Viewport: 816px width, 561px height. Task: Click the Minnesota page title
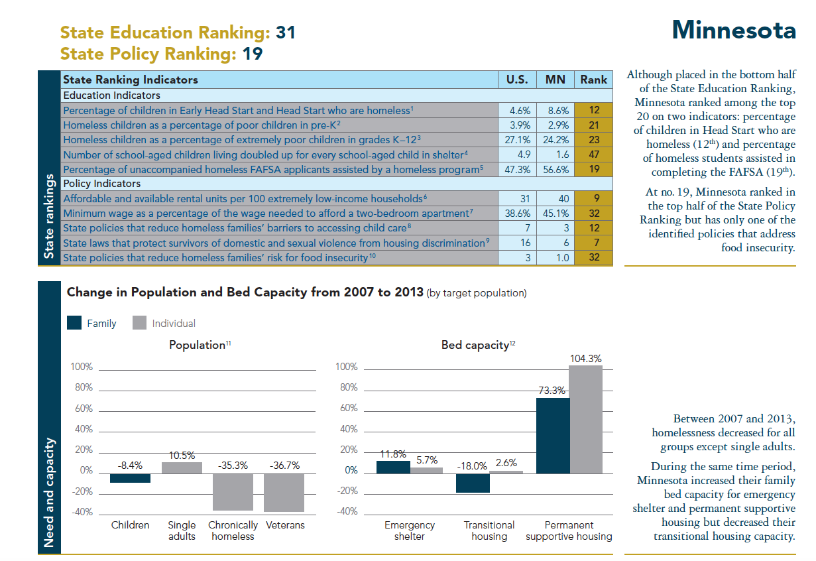point(734,30)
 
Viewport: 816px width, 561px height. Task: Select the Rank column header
point(593,80)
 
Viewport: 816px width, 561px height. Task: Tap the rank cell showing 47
point(593,155)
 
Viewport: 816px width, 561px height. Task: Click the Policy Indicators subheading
point(101,183)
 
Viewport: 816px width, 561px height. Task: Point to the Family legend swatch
point(74,323)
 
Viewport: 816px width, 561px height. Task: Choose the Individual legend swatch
point(139,323)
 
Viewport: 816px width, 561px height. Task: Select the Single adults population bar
point(182,467)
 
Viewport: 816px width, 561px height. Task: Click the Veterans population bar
point(284,492)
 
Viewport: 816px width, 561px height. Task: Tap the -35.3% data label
point(233,466)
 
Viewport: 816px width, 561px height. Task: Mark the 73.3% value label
point(552,391)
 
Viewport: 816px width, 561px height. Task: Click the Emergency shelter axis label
point(410,530)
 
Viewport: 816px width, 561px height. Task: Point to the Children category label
point(130,525)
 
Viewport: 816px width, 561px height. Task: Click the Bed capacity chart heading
point(475,345)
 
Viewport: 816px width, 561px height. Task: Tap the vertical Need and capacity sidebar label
point(49,491)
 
